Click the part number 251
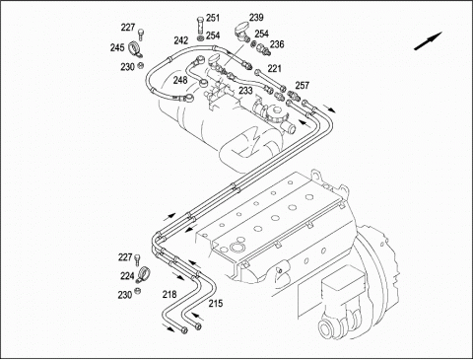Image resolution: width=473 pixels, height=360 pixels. [213, 18]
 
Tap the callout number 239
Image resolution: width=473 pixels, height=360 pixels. [256, 17]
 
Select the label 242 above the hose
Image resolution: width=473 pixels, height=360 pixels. [181, 40]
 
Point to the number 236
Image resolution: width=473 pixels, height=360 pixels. [277, 44]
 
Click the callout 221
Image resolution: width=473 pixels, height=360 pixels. [275, 68]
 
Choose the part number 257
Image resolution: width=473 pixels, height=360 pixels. [303, 85]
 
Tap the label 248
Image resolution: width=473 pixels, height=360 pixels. [180, 80]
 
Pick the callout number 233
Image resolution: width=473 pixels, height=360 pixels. [245, 91]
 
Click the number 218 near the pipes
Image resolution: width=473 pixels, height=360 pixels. [169, 294]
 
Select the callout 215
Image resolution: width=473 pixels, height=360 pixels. [216, 303]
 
